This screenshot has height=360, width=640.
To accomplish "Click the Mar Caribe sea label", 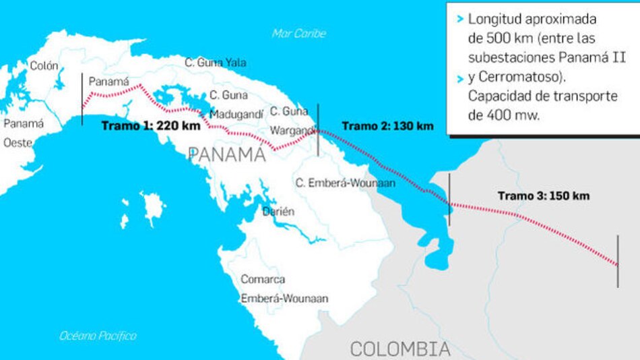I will click(299, 33).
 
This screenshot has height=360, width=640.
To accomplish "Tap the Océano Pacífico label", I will click(98, 336).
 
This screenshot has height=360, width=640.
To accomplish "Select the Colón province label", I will click(44, 66).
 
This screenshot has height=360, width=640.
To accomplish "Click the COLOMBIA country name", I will click(399, 349).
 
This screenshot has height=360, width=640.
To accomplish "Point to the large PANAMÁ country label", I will click(227, 155).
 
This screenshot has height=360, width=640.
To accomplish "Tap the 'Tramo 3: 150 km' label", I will click(544, 196).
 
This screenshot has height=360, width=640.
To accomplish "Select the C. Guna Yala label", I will click(216, 63).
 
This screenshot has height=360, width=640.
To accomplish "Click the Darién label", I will click(279, 211).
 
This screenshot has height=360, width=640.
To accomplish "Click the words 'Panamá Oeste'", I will click(24, 133).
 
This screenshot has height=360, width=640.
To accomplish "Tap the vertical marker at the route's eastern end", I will click(618, 262).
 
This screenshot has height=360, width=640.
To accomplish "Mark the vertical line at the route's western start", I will click(82, 100).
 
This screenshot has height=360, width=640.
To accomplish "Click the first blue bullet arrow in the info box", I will click(459, 20).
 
